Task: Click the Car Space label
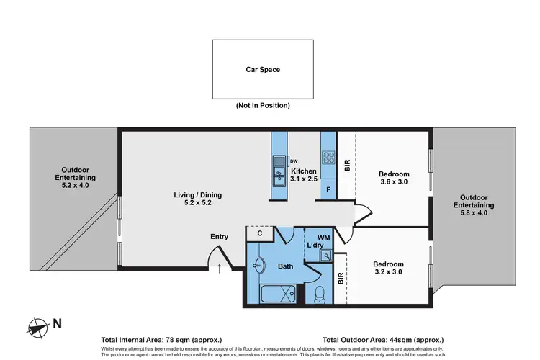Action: (263, 70)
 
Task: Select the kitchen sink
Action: (278, 173)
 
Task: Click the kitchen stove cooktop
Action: (328, 157)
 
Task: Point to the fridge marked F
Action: (328, 190)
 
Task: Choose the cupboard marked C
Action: (259, 233)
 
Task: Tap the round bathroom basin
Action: (259, 266)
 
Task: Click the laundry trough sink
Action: (327, 255)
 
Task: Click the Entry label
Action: (219, 236)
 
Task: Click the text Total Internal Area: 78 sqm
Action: (162, 339)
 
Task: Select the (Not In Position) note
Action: (263, 105)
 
